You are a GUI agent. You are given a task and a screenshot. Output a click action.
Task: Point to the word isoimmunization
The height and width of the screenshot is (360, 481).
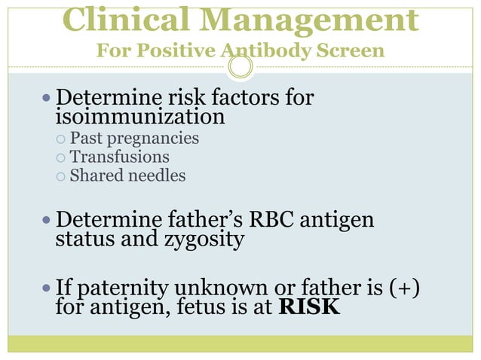(x=139, y=117)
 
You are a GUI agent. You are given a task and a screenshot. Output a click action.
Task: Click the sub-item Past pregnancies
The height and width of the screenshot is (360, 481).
(x=134, y=139)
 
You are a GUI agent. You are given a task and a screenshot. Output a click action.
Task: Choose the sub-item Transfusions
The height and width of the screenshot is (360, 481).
(x=119, y=157)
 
